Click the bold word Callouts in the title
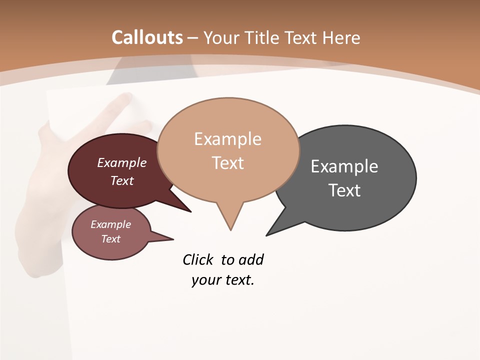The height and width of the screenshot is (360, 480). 147,37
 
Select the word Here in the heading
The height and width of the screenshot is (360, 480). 342,37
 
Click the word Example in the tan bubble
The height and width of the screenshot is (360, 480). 227,139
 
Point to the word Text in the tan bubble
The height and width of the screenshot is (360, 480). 227,163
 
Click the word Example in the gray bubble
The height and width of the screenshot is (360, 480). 344,166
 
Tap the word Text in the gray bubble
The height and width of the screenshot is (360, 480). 344,190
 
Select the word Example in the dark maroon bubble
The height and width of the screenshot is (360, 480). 122,163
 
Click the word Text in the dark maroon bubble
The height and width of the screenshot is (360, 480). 122,180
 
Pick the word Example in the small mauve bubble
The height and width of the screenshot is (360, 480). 110,225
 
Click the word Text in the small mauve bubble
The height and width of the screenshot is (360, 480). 110,239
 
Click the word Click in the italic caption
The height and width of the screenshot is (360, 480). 197,260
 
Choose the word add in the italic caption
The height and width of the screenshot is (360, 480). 251,260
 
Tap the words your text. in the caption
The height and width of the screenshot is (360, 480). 223,280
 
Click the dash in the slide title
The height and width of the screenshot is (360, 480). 193,38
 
